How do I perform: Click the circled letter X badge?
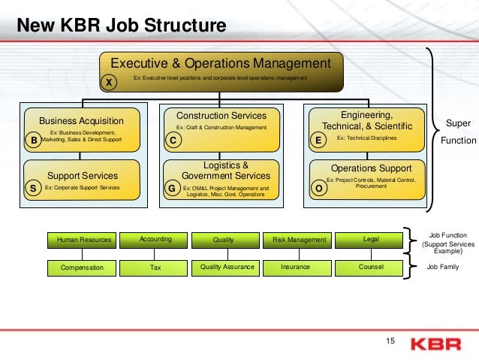109,83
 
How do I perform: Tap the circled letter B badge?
33,140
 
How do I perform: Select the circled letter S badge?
33,189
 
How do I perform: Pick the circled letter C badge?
172,140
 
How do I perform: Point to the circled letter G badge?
172,189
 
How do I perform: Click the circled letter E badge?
318,140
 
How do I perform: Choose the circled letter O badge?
318,189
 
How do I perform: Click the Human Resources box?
84,241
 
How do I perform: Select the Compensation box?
83,267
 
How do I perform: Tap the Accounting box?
155,240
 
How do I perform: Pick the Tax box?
155,267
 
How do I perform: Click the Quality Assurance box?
227,267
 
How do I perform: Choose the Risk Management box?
300,241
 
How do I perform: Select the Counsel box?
371,267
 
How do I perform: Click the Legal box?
371,240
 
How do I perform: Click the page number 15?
390,343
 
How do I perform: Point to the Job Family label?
441,266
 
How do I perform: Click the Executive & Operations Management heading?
221,63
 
